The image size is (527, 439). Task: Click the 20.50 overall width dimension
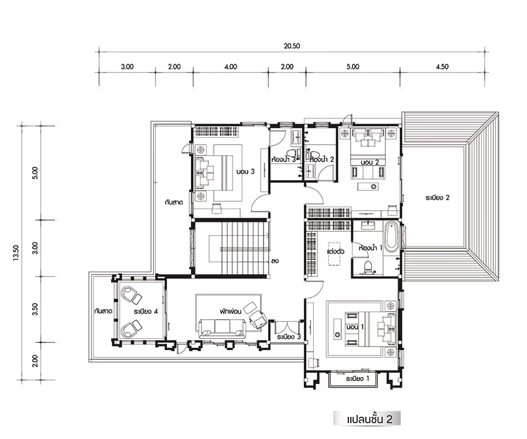(x=292, y=46)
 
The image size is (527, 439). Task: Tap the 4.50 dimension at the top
(x=442, y=67)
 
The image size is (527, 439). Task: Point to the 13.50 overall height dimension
(x=16, y=253)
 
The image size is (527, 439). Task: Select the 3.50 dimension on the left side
(x=35, y=310)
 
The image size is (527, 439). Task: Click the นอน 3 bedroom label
(x=245, y=172)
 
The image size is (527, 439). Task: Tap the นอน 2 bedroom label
(x=369, y=162)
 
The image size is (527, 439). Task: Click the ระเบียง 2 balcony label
(x=437, y=197)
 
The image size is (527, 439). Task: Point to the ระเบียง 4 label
(x=146, y=311)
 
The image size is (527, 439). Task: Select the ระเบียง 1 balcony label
(x=358, y=379)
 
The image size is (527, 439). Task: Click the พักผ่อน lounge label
(x=231, y=311)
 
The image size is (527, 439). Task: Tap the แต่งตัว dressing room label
(x=336, y=251)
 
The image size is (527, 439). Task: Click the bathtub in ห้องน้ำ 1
(x=391, y=237)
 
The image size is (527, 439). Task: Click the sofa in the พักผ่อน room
(x=223, y=328)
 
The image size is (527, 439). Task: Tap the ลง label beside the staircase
(x=275, y=260)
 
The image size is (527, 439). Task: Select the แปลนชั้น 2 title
(x=369, y=420)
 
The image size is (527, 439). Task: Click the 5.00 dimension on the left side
(x=35, y=173)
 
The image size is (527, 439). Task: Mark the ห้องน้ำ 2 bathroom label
(x=322, y=159)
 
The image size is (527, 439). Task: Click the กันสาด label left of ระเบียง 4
(x=103, y=311)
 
